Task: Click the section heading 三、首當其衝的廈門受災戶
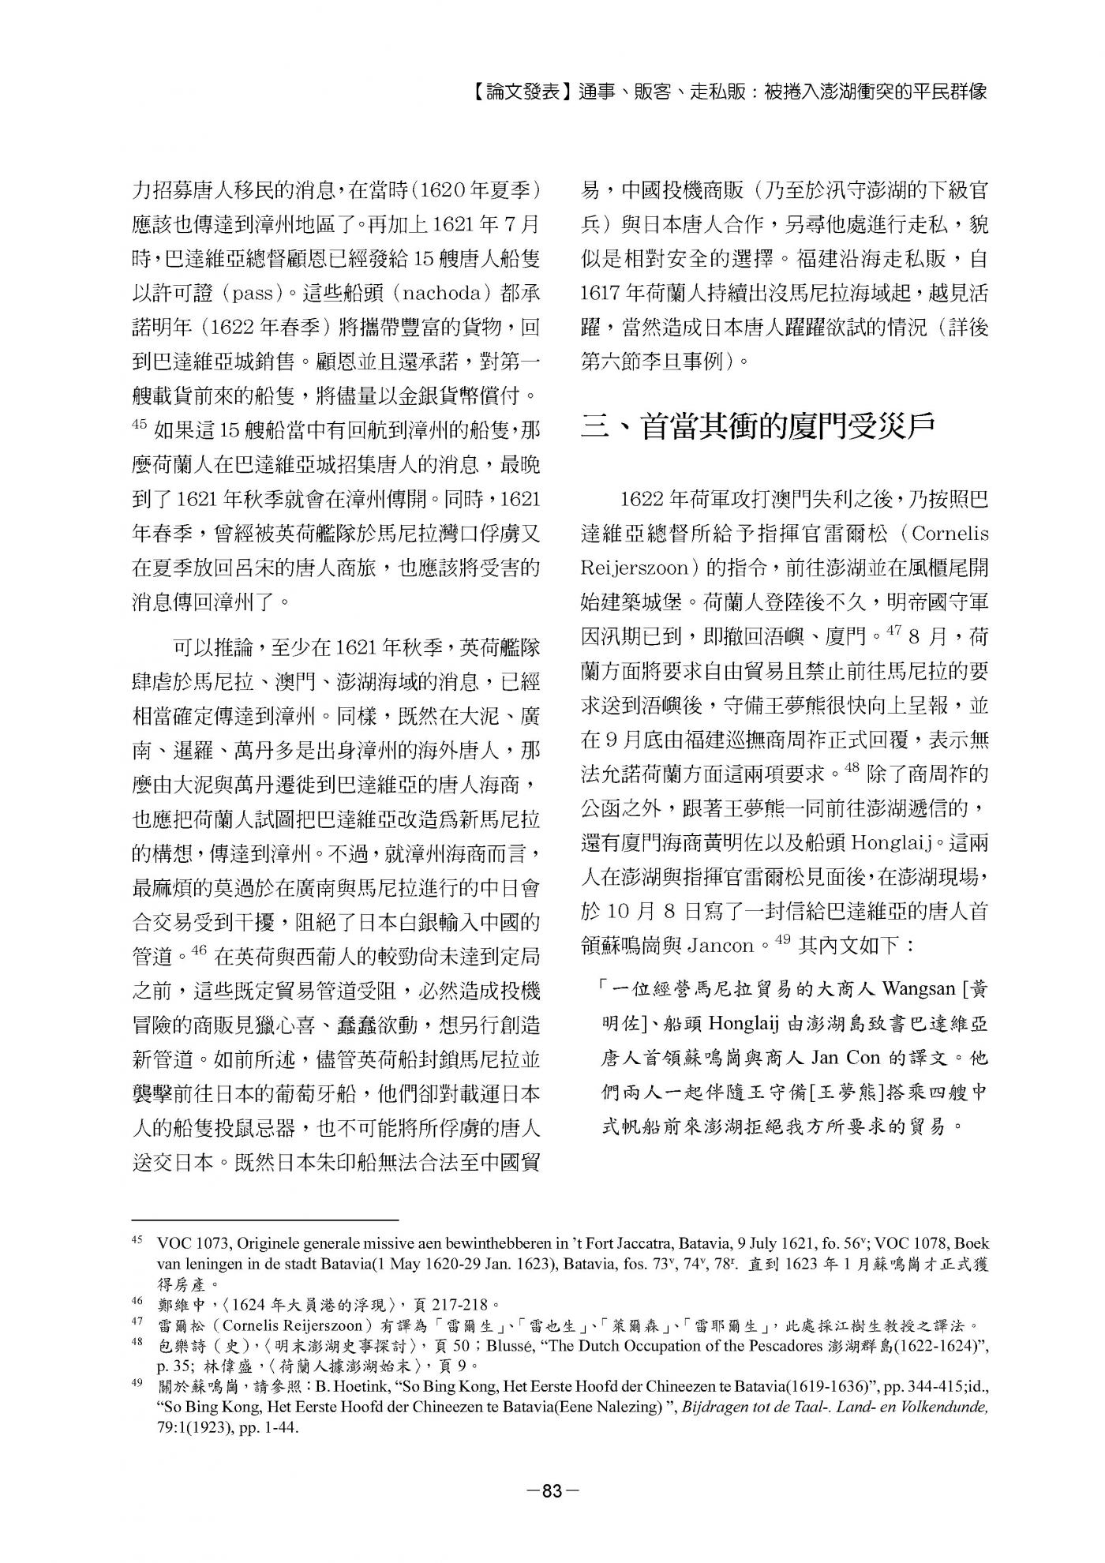[758, 428]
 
